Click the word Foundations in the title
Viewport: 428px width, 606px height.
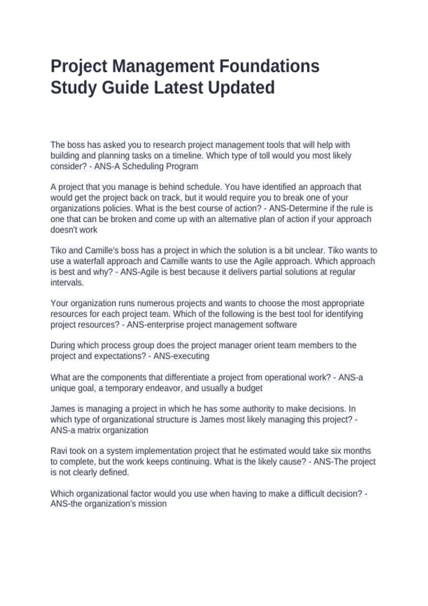point(269,66)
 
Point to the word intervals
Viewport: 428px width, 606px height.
point(67,283)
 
